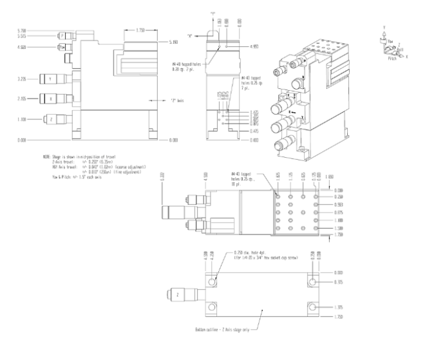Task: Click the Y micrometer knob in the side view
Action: click(50, 79)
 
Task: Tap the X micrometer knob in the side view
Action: click(50, 99)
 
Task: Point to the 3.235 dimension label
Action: click(21, 79)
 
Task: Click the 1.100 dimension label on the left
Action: click(21, 119)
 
